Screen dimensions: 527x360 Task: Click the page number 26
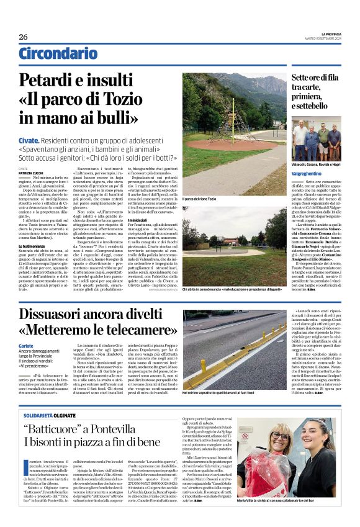24,37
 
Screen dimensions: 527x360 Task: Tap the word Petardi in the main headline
52,81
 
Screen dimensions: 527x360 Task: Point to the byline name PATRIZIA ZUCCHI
32,172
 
